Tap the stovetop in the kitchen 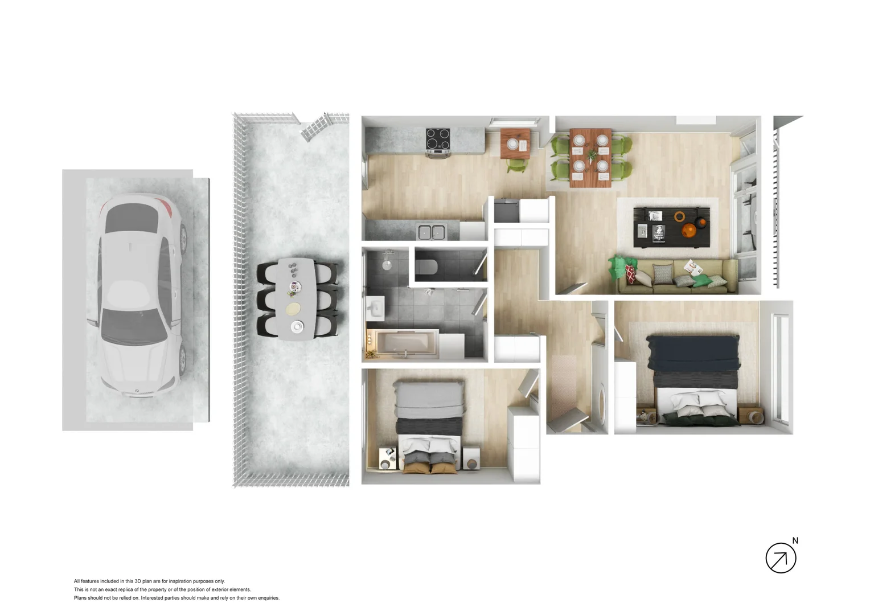click(x=438, y=139)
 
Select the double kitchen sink click(x=432, y=232)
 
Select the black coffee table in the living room click(x=671, y=227)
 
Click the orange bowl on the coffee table click(x=690, y=230)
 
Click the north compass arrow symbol click(x=780, y=558)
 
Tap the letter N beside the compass click(x=795, y=540)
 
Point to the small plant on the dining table click(x=592, y=154)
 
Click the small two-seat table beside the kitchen click(x=516, y=144)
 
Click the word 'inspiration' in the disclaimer click(x=182, y=581)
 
